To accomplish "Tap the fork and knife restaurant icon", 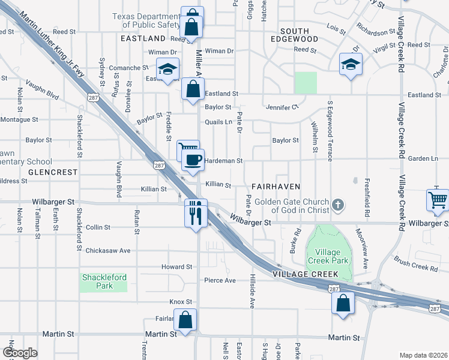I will point(196,213).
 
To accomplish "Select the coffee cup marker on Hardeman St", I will point(193,160).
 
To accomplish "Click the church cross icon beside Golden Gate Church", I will point(338,206).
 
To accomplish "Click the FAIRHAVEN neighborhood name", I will point(275,187).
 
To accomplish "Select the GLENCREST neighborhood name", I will point(53,172).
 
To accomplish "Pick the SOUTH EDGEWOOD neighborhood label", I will point(294,35).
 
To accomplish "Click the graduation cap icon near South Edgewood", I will point(350,64).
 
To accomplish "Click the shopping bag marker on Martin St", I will point(185,320).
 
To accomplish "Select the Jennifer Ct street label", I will point(282,107).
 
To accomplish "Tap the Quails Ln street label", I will point(218,122).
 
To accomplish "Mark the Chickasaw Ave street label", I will point(108,250).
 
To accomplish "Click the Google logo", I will point(20,353).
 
